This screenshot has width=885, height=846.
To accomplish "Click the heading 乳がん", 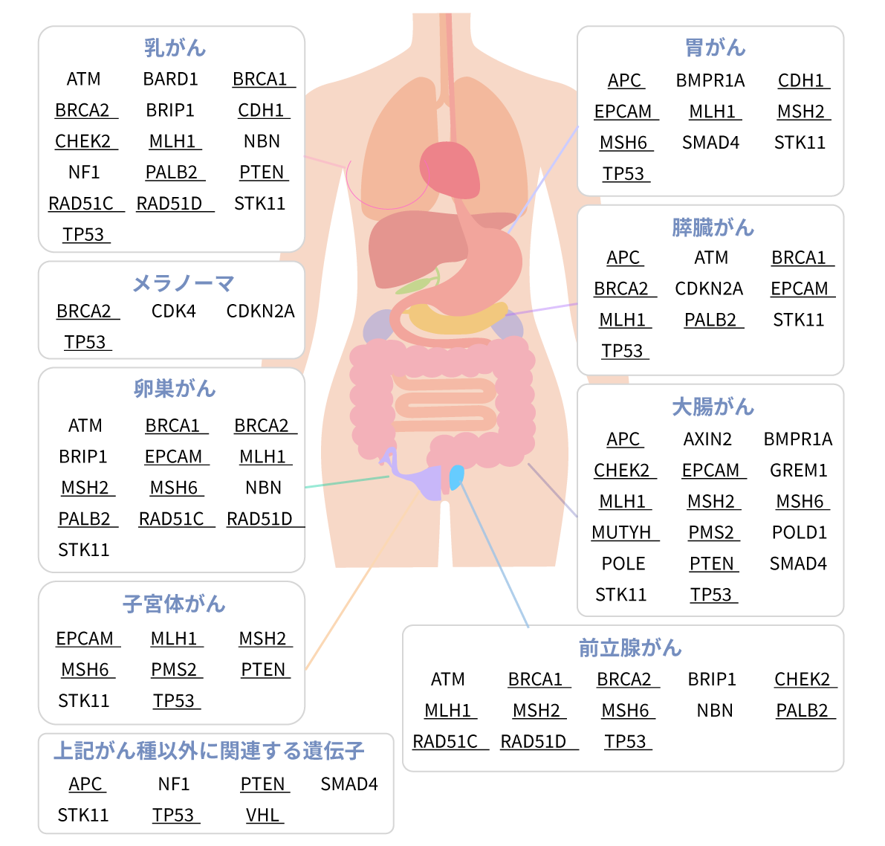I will [175, 48].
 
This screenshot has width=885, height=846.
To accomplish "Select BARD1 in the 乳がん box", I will [170, 79].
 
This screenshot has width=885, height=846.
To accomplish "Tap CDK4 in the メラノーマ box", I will [173, 311].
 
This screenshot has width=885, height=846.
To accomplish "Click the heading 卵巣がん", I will [175, 389].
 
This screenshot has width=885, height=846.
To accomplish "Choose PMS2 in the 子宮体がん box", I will [174, 669].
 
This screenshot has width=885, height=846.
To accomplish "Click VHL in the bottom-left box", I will [262, 815].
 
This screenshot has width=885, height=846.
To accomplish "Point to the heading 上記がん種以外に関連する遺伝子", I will [209, 751].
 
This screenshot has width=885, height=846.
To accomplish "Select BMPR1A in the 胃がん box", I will [710, 80].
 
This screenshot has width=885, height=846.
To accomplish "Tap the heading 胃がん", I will [715, 48].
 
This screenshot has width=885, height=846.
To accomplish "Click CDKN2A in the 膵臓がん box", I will [708, 288].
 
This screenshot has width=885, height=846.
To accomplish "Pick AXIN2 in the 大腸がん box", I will [707, 439].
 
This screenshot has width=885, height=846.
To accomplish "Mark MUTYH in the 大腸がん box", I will [622, 532].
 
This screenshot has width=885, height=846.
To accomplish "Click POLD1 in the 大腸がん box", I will [799, 532].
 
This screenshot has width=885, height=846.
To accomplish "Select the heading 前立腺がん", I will [630, 648].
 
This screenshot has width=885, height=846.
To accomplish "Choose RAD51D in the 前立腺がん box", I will [534, 741].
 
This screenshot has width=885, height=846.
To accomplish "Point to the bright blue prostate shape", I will [456, 476].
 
